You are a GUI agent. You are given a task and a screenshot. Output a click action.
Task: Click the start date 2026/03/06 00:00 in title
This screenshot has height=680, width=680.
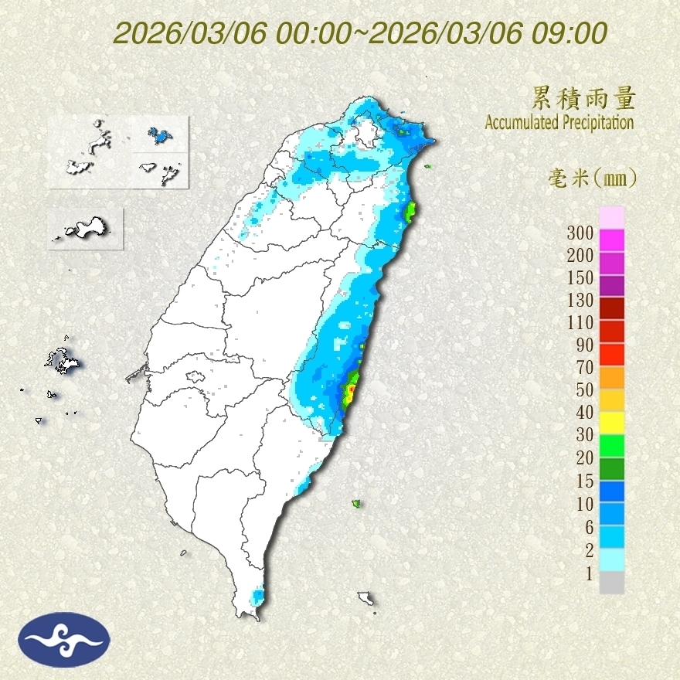[231, 33]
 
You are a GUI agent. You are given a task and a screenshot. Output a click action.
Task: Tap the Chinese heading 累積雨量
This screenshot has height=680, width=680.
[583, 98]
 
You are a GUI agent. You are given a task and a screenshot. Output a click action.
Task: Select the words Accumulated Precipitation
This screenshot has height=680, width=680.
[559, 122]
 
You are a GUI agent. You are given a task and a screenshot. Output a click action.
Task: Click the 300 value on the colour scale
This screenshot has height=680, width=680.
[580, 233]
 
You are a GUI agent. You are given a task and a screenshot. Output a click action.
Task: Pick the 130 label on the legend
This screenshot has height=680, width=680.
[580, 300]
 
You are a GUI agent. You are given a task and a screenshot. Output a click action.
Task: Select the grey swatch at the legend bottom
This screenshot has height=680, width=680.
[611, 583]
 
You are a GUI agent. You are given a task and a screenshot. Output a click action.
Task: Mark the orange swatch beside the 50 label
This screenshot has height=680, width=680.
[611, 377]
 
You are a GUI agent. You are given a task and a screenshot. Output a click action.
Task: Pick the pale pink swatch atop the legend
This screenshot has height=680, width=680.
[611, 218]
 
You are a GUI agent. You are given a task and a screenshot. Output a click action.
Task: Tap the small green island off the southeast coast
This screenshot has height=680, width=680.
[356, 504]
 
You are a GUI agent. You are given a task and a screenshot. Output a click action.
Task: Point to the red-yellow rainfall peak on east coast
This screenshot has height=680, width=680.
[350, 391]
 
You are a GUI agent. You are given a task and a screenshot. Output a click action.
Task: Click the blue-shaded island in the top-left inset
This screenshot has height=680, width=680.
[159, 138]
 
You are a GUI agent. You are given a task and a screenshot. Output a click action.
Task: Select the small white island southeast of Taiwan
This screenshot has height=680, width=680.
[366, 598]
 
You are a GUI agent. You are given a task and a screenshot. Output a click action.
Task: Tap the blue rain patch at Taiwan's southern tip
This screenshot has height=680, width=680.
[257, 597]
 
